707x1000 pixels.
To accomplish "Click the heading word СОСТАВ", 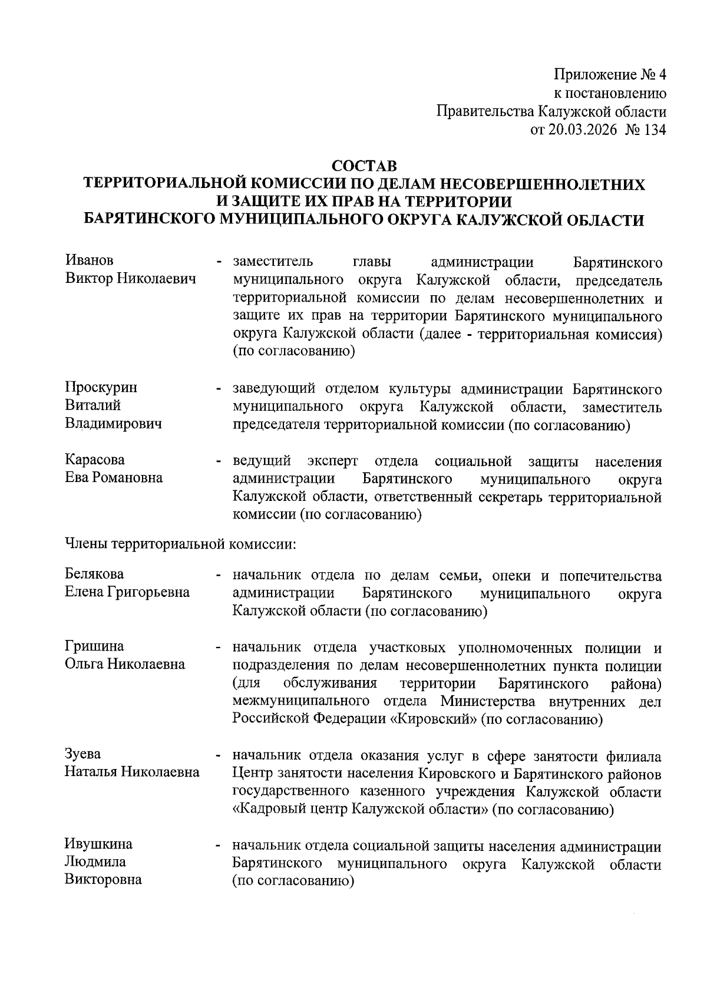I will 365,165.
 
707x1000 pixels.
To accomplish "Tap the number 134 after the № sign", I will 652,130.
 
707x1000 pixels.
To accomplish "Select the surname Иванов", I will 90,260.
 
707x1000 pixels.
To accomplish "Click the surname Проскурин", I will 101,388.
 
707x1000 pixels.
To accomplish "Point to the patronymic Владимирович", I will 113,424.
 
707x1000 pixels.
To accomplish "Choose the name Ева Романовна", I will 114,478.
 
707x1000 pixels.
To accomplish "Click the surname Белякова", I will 94,574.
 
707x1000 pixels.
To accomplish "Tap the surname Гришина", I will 94,646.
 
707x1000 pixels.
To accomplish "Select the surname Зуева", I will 82,754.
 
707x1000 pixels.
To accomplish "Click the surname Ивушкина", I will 98,844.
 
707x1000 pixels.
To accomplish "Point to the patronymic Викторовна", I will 103,880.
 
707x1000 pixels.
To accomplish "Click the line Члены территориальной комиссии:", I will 180,543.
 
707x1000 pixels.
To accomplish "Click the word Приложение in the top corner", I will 595,75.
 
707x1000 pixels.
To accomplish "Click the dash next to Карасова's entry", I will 219,461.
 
